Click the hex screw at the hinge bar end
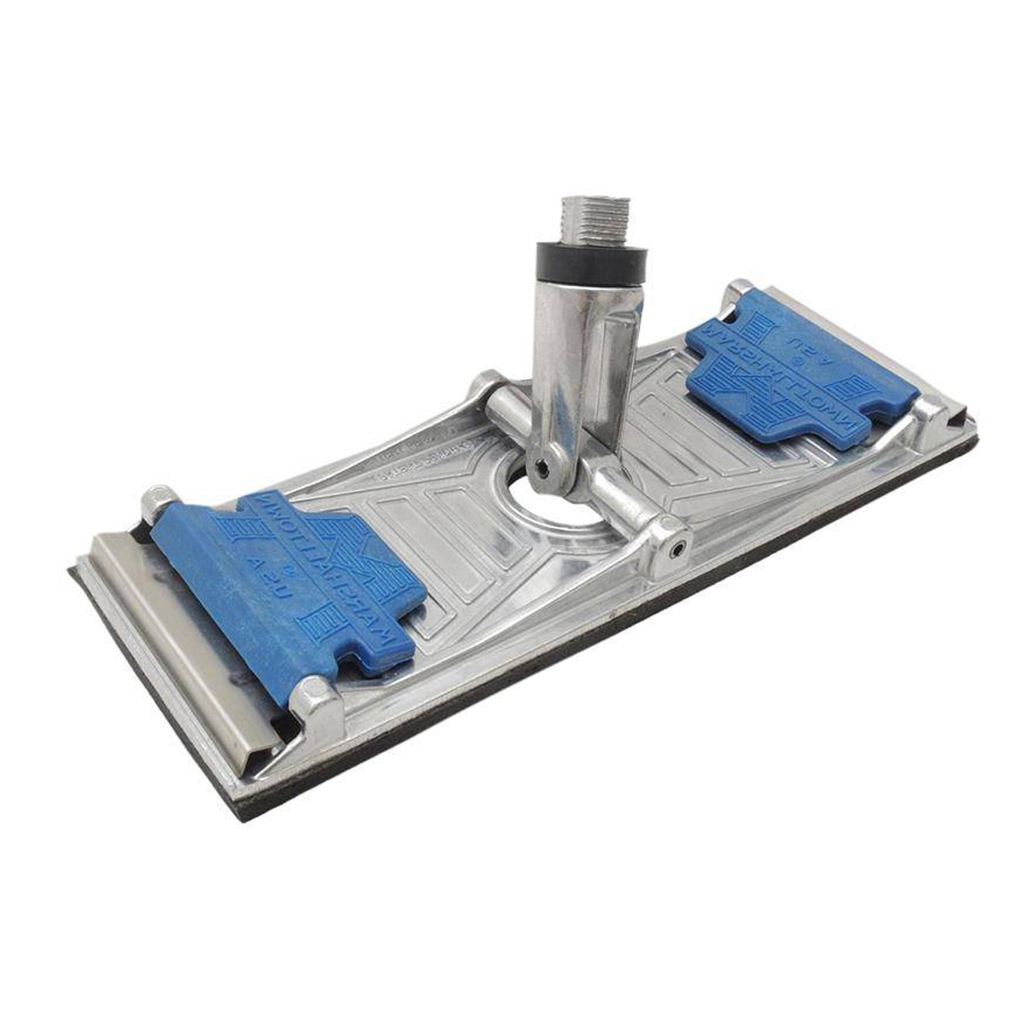(676, 549)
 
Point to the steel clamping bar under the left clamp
(179, 618)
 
